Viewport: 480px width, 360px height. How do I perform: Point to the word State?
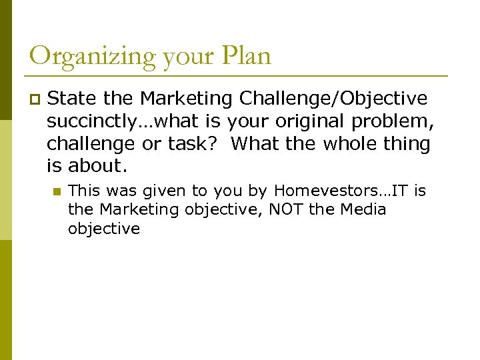click(x=73, y=99)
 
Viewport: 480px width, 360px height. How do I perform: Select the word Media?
click(x=363, y=210)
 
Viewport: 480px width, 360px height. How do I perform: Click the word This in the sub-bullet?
click(x=83, y=191)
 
